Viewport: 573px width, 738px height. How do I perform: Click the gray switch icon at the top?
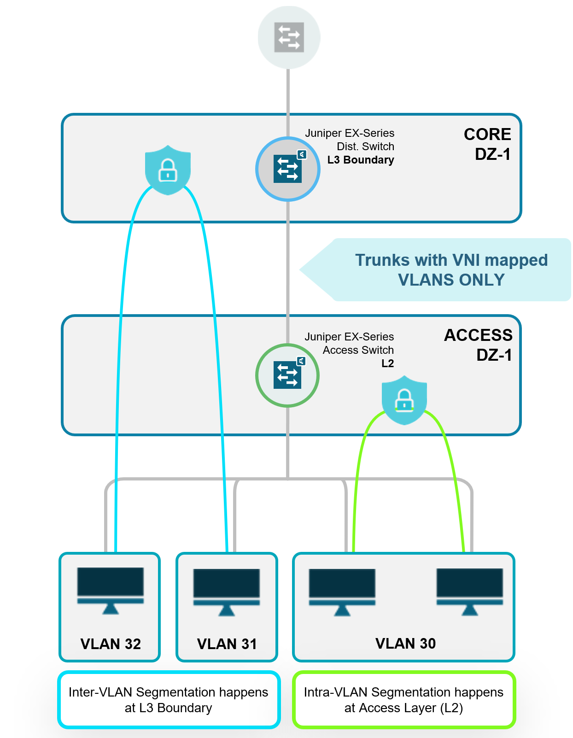[289, 37]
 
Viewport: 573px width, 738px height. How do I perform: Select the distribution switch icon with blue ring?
[288, 169]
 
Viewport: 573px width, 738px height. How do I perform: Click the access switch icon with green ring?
[287, 375]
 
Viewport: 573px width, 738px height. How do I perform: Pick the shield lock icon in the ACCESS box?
[404, 399]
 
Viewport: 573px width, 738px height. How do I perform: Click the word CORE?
[487, 134]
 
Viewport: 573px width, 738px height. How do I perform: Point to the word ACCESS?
[478, 335]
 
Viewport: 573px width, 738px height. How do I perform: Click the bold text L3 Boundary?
[361, 160]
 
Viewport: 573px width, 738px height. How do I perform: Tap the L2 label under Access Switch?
[387, 363]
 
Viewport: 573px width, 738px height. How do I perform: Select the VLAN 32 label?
[111, 644]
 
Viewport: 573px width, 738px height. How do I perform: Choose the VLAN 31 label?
[227, 644]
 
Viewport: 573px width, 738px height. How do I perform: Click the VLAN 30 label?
[405, 643]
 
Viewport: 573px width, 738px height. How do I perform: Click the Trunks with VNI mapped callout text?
[451, 270]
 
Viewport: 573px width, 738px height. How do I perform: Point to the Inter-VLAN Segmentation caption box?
[169, 700]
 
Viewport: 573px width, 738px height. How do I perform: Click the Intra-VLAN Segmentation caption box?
[403, 700]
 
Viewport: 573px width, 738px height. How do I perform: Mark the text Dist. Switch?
[365, 146]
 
